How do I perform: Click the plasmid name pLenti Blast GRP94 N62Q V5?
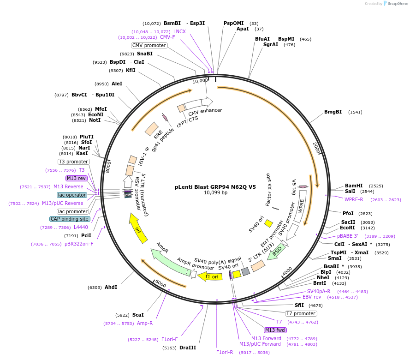215,187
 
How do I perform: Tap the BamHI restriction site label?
354,186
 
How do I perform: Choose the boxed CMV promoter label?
149,45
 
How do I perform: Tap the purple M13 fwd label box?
275,330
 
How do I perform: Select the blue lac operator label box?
72,195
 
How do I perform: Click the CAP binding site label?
70,219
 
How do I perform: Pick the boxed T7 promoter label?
301,314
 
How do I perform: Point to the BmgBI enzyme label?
333,112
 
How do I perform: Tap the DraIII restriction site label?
188,348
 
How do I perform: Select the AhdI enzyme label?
111,287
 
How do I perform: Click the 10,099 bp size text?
215,193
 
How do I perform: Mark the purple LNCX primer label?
179,31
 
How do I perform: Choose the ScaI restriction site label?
138,315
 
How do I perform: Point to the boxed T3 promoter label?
74,162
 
